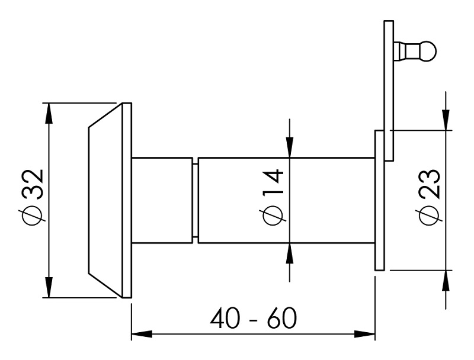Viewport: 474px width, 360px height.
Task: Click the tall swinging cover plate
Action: (389, 89)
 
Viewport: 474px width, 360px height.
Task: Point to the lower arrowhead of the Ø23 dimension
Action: (446, 279)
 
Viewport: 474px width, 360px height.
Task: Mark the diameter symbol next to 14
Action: (274, 216)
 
